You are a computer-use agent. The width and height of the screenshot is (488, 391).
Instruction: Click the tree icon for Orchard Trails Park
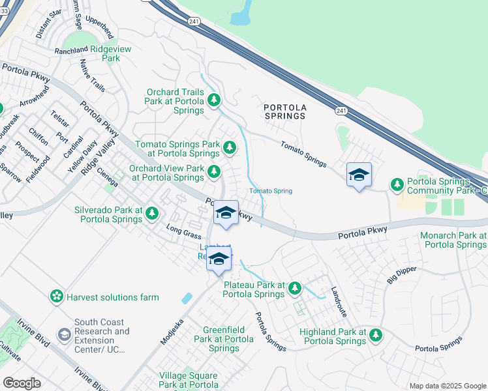coord(214,100)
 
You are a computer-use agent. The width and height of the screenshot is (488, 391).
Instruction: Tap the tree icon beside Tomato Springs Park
coord(229,148)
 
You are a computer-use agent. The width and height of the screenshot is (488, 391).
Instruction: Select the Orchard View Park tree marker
coord(214,172)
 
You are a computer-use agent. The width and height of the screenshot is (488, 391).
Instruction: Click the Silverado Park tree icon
coord(152,213)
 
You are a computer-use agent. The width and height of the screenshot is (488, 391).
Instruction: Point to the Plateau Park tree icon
coord(295,287)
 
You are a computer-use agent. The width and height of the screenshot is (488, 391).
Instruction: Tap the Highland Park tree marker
coord(375,335)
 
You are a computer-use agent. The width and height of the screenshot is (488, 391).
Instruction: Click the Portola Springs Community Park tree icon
coord(397,185)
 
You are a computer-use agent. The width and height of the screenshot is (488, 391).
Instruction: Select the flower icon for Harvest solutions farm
coord(57,297)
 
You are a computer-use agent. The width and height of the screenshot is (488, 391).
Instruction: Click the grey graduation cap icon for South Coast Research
coord(64,335)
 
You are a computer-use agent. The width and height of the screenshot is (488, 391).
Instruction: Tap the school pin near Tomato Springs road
coord(359,175)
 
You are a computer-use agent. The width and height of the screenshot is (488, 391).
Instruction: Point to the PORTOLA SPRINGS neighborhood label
coord(284,111)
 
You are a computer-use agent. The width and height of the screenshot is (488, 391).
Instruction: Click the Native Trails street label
coord(92,75)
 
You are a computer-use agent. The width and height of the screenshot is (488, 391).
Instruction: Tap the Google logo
coord(22,383)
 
